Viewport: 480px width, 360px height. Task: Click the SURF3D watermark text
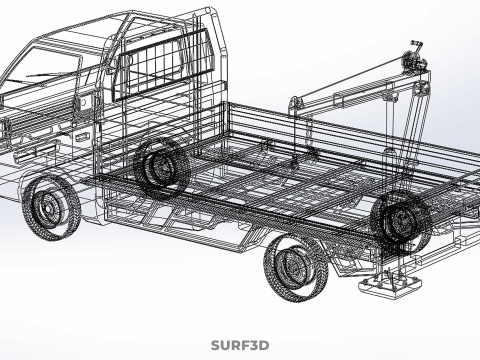240,345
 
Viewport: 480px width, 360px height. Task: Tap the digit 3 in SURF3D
252,345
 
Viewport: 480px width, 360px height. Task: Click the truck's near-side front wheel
51,207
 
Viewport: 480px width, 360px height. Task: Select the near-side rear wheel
296,268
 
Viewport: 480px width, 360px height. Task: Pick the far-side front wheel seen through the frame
162,168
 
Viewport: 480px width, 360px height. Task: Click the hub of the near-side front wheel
48,209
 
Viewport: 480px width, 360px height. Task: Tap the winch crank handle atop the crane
417,45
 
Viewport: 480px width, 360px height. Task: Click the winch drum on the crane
413,62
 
